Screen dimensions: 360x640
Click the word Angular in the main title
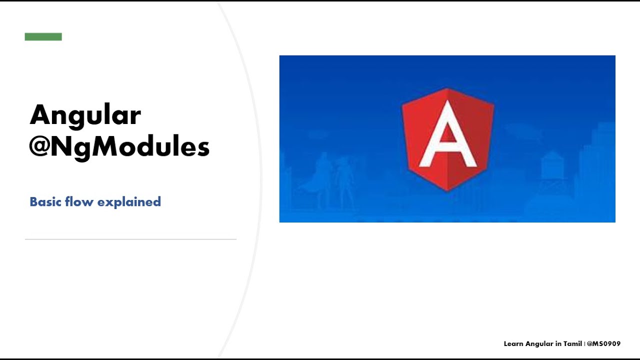pyautogui.click(x=85, y=116)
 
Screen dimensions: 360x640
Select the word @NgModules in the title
pyautogui.click(x=119, y=147)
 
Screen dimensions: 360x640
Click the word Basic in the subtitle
pyautogui.click(x=44, y=202)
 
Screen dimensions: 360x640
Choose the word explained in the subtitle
pyautogui.click(x=129, y=202)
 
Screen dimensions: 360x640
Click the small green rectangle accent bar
pyautogui.click(x=43, y=36)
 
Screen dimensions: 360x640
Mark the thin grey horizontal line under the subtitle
pyautogui.click(x=130, y=239)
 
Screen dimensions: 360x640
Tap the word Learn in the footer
pyautogui.click(x=513, y=344)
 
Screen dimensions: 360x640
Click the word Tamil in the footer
pyautogui.click(x=572, y=344)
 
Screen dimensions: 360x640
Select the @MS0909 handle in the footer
pyautogui.click(x=604, y=344)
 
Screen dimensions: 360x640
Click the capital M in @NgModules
pyautogui.click(x=98, y=147)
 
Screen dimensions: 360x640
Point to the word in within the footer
pyautogui.click(x=558, y=344)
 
